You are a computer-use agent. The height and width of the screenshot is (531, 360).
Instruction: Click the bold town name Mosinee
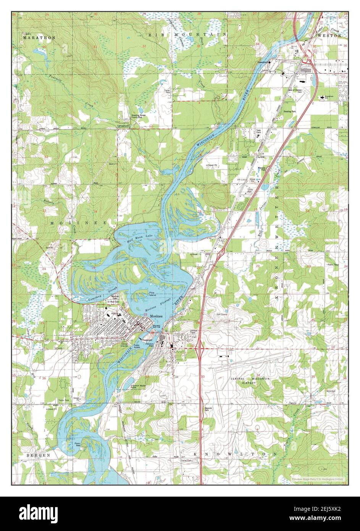(x=157, y=316)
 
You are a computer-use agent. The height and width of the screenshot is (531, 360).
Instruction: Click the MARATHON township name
(x=39, y=38)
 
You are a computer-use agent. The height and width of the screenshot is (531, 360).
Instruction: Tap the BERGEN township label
(x=39, y=455)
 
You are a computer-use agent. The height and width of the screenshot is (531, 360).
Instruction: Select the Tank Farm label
(x=260, y=132)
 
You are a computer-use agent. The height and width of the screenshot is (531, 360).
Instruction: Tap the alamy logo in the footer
(x=39, y=512)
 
